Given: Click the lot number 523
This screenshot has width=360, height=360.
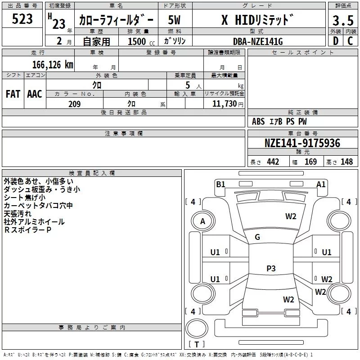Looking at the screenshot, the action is pyautogui.click(x=22, y=19).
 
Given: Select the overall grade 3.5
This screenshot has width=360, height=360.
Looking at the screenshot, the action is pyautogui.click(x=343, y=21).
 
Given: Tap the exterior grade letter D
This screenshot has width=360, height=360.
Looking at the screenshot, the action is pyautogui.click(x=335, y=41).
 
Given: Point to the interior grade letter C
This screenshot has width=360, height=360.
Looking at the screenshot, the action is pyautogui.click(x=350, y=41).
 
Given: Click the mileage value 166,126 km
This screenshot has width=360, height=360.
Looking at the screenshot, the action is pyautogui.click(x=53, y=64).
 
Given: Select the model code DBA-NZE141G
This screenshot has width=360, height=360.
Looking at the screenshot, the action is pyautogui.click(x=257, y=41).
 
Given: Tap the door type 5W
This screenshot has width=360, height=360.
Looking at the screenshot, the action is pyautogui.click(x=174, y=20).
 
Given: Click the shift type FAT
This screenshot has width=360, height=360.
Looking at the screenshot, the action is pyautogui.click(x=13, y=94).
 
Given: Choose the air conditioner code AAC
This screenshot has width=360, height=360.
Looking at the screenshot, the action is pyautogui.click(x=35, y=94).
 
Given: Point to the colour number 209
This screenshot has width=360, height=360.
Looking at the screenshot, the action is pyautogui.click(x=74, y=104).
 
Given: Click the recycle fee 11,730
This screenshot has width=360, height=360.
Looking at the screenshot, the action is pyautogui.click(x=226, y=104).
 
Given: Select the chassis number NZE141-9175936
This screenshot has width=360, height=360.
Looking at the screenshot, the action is pyautogui.click(x=302, y=143).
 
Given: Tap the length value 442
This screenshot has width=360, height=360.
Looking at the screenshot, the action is pyautogui.click(x=273, y=162).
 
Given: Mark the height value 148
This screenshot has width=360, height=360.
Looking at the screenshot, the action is pyautogui.click(x=346, y=162).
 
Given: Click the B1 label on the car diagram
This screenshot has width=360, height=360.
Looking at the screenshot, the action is pyautogui.click(x=220, y=184).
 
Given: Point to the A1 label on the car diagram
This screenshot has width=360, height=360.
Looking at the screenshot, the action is pyautogui.click(x=321, y=184).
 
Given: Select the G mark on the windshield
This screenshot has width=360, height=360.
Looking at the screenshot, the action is pyautogui.click(x=257, y=237).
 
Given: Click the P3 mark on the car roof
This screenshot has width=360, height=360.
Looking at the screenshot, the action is pyautogui.click(x=271, y=269).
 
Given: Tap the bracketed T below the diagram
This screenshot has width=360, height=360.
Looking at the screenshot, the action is pyautogui.click(x=197, y=345).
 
